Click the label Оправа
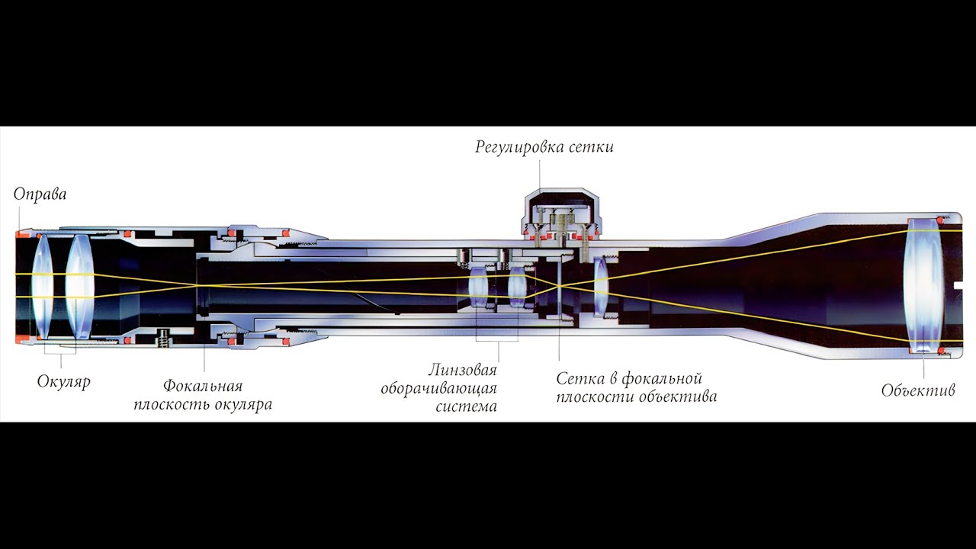pos(40,194)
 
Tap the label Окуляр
pos(63,382)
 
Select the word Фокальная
pos(203,386)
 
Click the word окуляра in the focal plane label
pos(242,405)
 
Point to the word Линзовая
pos(462,371)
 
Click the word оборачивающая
pos(438,389)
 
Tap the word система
pos(466,406)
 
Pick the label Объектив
pos(918,390)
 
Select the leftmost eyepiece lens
pos(42,286)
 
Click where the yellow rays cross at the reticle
pos(559,286)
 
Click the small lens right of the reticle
pos(601,286)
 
